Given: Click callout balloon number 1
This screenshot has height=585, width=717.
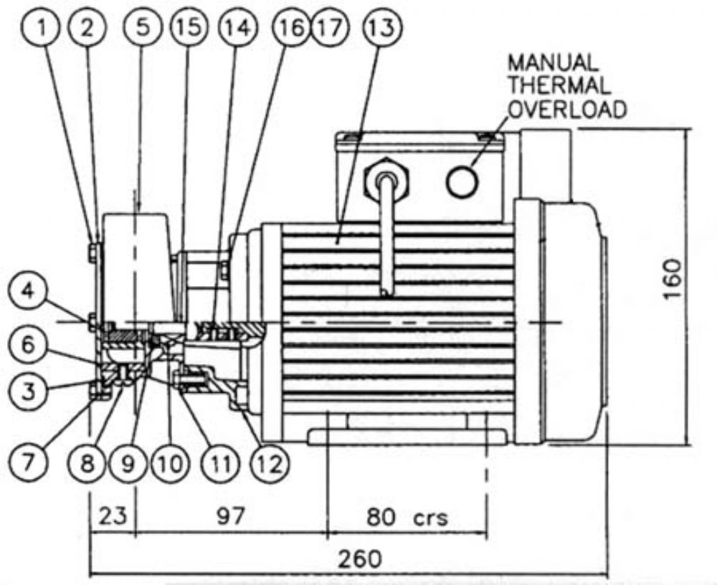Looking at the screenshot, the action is [x=41, y=28].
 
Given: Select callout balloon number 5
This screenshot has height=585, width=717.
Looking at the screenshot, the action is [x=143, y=27].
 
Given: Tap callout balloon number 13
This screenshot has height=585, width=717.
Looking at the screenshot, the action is [x=382, y=27].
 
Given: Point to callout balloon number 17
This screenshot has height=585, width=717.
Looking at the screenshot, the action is [x=329, y=27].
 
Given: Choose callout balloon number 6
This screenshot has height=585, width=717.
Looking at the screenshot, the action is [x=29, y=344].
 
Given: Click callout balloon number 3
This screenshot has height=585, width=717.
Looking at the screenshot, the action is [x=29, y=391].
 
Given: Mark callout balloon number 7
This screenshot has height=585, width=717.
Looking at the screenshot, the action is [x=29, y=462].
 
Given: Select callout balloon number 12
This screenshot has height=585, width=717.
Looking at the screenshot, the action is [x=270, y=463].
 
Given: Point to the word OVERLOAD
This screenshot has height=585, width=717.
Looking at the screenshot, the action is [x=567, y=110].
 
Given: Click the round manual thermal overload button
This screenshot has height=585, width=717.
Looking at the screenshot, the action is [x=462, y=181].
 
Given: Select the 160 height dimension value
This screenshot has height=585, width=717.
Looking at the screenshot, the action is [x=673, y=279].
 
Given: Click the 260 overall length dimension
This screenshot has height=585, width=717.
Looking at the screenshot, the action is [x=359, y=559].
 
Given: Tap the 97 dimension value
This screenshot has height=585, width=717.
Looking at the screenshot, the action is [x=230, y=516].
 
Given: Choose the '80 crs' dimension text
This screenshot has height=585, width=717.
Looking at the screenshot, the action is [x=407, y=517].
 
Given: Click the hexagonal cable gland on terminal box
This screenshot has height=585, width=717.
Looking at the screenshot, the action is [x=386, y=179].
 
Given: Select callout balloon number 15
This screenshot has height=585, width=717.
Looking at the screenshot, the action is [x=189, y=27].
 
